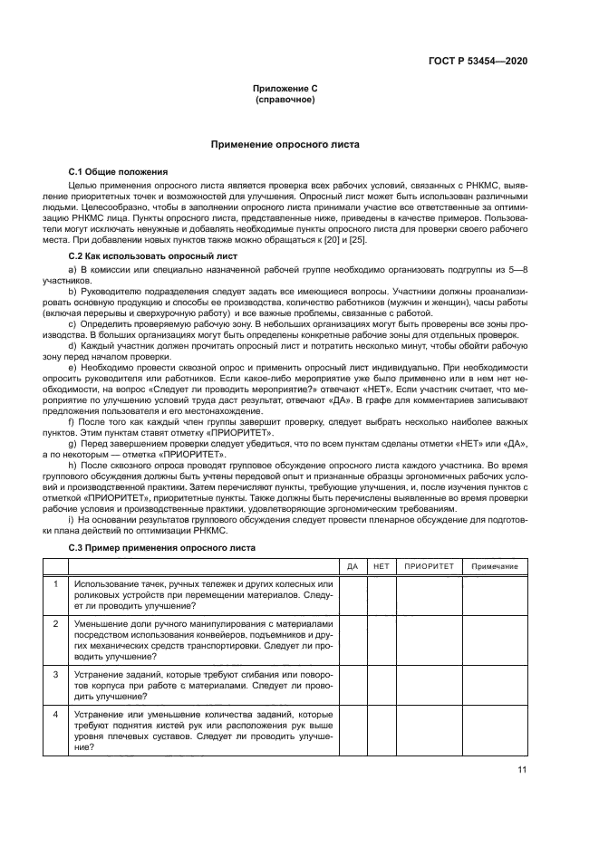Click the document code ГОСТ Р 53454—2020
tap(478, 61)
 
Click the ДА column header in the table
tap(353, 566)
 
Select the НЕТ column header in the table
tap(382, 566)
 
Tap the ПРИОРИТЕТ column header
tap(429, 566)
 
